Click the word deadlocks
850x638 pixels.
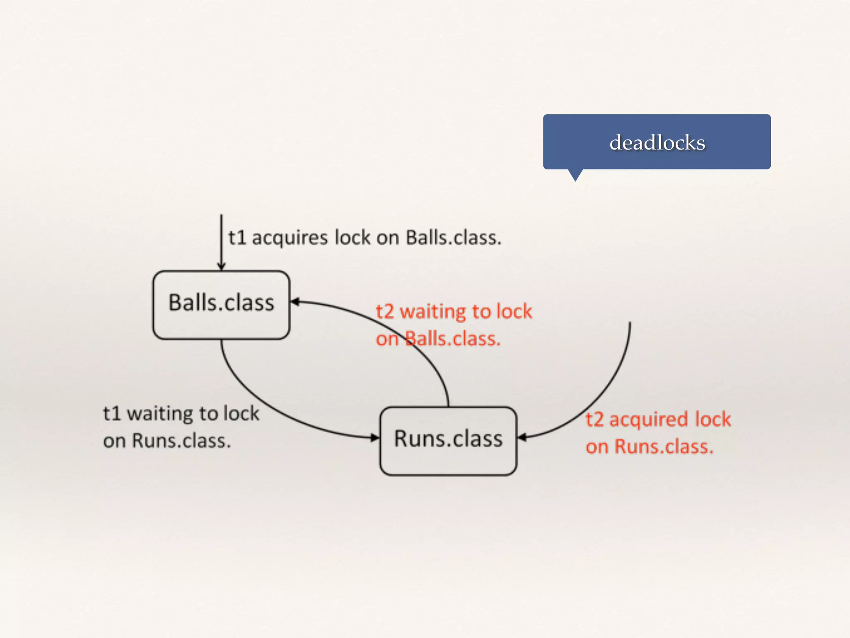[x=657, y=143]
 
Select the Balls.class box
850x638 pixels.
[x=221, y=304]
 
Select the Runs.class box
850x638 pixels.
[x=448, y=440]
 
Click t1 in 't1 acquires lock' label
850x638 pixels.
[x=237, y=238]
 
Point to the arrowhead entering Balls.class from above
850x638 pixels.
[x=221, y=266]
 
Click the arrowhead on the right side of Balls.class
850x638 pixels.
[x=295, y=302]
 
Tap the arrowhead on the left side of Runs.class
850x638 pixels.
[x=375, y=437]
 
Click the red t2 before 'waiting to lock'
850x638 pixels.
[x=385, y=312]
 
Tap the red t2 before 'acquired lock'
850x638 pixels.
[x=594, y=420]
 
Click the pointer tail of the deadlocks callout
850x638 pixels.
[x=575, y=175]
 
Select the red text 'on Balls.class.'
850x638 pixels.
[x=438, y=339]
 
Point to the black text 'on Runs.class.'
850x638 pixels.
[x=167, y=441]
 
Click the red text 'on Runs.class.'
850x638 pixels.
[x=649, y=447]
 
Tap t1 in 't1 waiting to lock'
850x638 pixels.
[x=112, y=414]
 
